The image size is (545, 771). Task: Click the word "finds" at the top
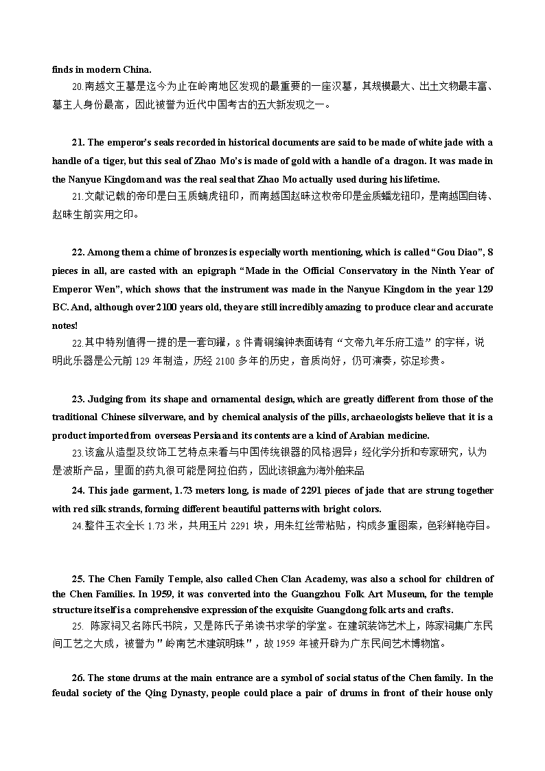pyautogui.click(x=63, y=69)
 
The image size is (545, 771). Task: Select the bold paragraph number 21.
pyautogui.click(x=78, y=143)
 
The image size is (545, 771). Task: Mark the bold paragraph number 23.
pyautogui.click(x=78, y=400)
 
